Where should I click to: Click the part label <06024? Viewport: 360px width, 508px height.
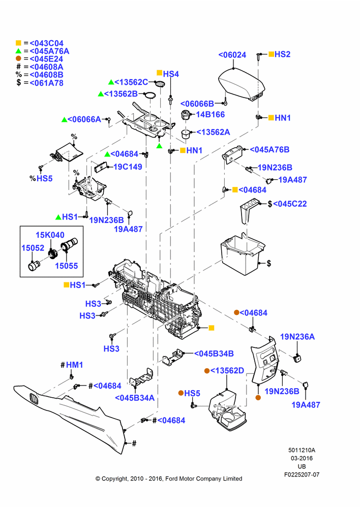pos(232,55)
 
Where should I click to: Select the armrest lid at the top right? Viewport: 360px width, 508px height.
pos(242,84)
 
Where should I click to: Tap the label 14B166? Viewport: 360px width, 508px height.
pos(210,114)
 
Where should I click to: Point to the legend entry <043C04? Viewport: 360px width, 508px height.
pos(46,43)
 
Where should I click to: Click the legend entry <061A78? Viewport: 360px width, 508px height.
pos(46,83)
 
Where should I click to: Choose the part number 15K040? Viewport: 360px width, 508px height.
pos(50,235)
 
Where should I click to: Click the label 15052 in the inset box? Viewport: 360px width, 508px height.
pos(33,248)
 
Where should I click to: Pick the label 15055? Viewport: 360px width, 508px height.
pos(67,266)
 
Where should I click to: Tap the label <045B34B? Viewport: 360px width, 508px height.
pos(214,354)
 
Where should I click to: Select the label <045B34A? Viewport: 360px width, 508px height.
pos(135,398)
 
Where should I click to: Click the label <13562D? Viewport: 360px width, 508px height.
pos(227,371)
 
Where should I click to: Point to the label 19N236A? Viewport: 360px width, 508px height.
pos(297,337)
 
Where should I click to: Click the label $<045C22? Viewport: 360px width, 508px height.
pos(287,204)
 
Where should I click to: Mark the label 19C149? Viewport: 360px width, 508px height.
pos(128,167)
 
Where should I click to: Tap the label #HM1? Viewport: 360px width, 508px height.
pos(72,365)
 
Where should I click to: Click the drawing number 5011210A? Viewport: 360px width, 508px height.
pos(302,450)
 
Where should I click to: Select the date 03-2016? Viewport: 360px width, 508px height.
pos(302,458)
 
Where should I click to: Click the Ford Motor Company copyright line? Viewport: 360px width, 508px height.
pos(169,479)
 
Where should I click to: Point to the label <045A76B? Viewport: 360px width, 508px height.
pos(269,150)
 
